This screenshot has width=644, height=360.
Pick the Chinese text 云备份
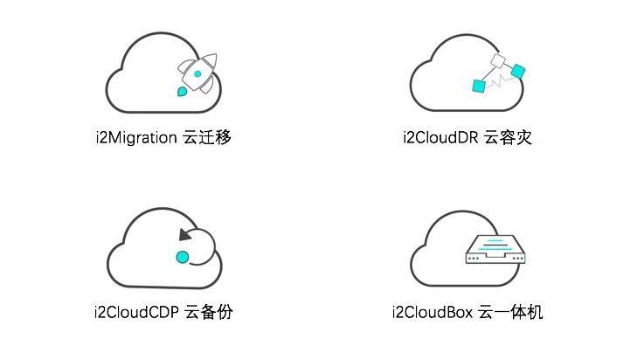click(210, 312)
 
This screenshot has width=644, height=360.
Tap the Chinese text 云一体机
click(511, 312)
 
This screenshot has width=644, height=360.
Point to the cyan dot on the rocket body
click(198, 74)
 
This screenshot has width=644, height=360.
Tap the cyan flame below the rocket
click(181, 90)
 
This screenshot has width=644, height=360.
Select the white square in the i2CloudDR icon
click(499, 60)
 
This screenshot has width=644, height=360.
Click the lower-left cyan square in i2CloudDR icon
click(479, 85)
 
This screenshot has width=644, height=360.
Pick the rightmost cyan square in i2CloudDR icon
click(517, 70)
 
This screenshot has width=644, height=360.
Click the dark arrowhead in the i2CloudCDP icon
click(184, 233)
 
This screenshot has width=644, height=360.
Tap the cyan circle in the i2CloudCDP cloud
click(183, 257)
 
